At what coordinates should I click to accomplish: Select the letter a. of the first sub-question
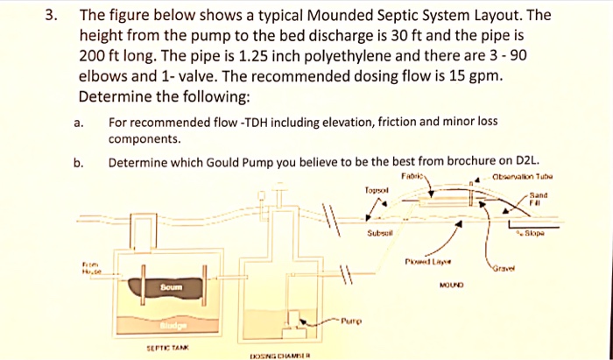pyautogui.click(x=80, y=124)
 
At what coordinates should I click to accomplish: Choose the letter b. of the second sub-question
pyautogui.click(x=80, y=162)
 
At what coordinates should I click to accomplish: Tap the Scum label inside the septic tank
pyautogui.click(x=173, y=287)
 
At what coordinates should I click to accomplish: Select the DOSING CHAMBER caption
pyautogui.click(x=281, y=356)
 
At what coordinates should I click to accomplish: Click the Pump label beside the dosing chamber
pyautogui.click(x=352, y=321)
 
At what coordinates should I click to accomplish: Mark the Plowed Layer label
pyautogui.click(x=428, y=260)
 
